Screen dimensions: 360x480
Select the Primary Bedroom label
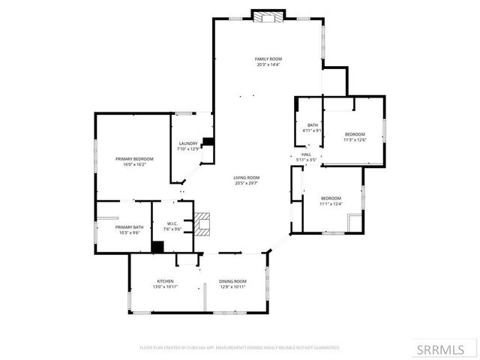pyautogui.click(x=134, y=159)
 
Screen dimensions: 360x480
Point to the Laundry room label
pyautogui.click(x=187, y=143)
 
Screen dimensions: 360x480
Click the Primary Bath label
pyautogui.click(x=129, y=227)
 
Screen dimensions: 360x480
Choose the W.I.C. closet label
pyautogui.click(x=172, y=223)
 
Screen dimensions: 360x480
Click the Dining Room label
pyautogui.click(x=232, y=281)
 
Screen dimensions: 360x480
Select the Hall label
pyautogui.click(x=306, y=155)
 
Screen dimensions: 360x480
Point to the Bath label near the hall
pyautogui.click(x=312, y=125)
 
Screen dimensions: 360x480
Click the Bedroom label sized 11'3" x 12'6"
pyautogui.click(x=355, y=134)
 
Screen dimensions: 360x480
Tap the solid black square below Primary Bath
pyautogui.click(x=157, y=247)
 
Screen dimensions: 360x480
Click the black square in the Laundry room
pyautogui.click(x=208, y=141)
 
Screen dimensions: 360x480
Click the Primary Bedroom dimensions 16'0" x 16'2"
pyautogui.click(x=134, y=164)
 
